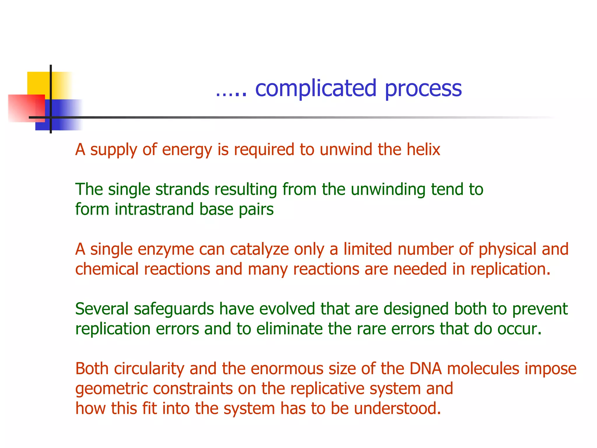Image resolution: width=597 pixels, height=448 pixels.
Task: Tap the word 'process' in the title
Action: pos(423,89)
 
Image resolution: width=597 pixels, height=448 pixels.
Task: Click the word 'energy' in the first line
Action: pos(187,150)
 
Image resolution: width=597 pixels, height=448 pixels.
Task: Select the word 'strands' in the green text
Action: pos(182,189)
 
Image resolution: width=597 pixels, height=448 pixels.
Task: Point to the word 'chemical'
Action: pos(107,269)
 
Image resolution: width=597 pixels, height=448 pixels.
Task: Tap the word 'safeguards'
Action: pos(174,309)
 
